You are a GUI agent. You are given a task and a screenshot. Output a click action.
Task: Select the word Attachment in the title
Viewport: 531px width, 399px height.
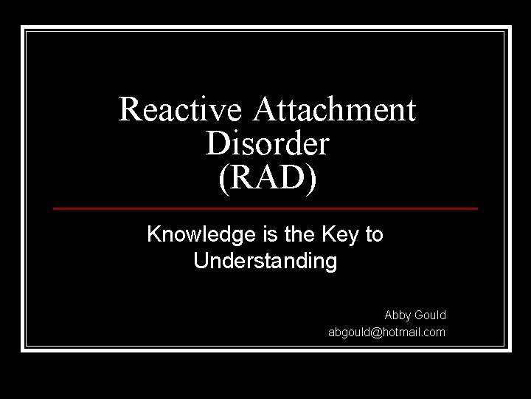[336, 110]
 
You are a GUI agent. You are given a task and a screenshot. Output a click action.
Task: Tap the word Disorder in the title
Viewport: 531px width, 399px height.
[266, 143]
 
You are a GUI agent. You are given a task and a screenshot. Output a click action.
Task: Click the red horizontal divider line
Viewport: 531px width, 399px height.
[265, 209]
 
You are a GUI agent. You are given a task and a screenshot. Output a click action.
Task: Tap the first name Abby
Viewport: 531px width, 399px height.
[398, 316]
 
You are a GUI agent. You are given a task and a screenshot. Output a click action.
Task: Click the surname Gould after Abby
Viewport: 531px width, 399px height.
[431, 316]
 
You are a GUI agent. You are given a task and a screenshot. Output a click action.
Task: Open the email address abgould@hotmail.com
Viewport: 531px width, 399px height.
[386, 332]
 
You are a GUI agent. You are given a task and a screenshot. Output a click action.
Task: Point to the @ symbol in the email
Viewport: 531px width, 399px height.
[378, 332]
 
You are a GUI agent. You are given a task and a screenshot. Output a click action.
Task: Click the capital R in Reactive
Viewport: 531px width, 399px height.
[131, 110]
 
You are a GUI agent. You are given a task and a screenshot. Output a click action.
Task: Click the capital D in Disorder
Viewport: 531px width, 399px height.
[216, 143]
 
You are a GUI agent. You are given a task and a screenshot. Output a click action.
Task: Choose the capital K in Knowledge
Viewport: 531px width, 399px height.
[154, 236]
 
